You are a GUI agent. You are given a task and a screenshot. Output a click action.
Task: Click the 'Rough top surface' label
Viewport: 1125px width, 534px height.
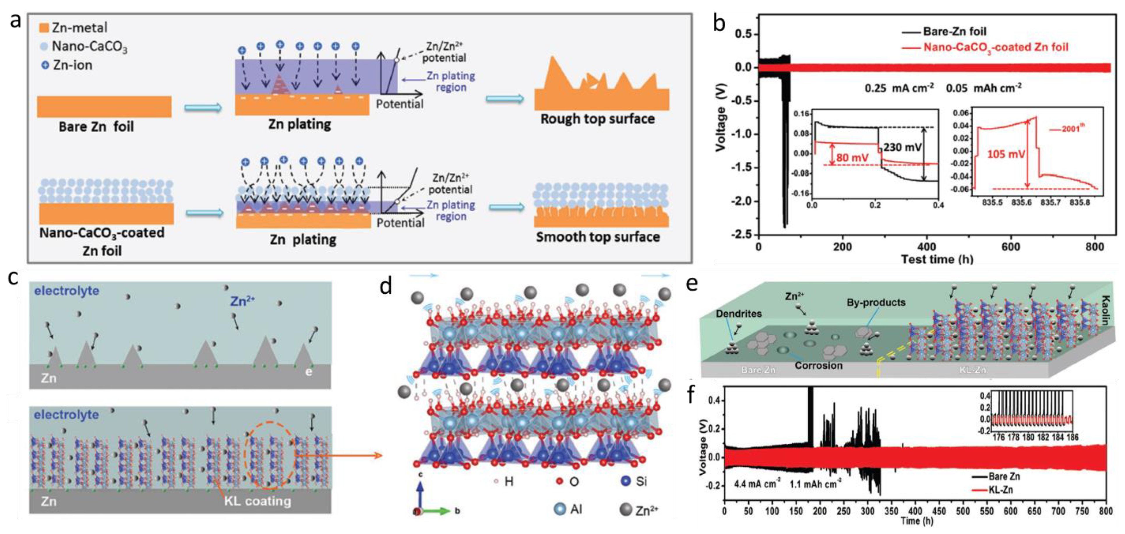coord(597,119)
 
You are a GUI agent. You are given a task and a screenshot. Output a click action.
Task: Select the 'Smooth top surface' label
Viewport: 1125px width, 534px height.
coord(598,237)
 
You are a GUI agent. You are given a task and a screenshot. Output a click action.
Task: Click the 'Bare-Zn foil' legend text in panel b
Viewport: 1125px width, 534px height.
coord(954,31)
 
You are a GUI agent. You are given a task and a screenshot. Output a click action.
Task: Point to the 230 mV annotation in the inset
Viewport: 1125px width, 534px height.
coord(902,147)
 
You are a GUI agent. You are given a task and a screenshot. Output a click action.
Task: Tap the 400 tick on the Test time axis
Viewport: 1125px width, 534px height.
coord(926,247)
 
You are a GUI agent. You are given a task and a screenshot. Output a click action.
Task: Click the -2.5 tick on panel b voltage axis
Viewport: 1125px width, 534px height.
coord(741,235)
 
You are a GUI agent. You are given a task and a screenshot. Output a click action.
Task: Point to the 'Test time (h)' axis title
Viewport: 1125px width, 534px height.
coord(937,259)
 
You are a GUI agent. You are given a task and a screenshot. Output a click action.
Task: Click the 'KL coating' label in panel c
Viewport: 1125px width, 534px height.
coord(257,501)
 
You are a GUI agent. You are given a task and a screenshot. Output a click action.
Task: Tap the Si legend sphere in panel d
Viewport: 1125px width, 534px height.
coord(626,481)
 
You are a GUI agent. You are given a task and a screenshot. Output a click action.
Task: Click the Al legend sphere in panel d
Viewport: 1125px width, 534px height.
coord(560,509)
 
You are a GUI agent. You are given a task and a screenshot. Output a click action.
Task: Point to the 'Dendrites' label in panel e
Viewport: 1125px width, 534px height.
coord(738,313)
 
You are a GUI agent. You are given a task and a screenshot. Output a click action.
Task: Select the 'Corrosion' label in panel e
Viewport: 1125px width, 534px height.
coord(819,365)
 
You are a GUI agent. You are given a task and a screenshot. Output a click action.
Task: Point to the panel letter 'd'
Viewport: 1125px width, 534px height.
coord(386,287)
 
